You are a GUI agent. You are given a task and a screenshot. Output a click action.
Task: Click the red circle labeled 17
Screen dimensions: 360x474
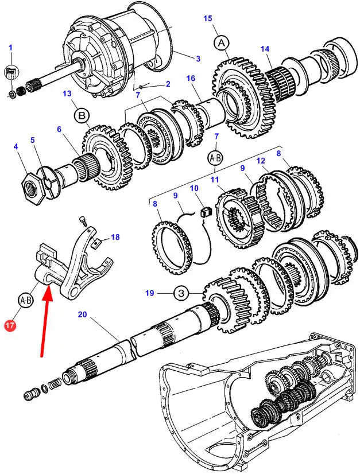[x=10, y=326]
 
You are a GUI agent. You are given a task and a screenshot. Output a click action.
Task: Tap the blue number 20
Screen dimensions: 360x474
[x=82, y=314]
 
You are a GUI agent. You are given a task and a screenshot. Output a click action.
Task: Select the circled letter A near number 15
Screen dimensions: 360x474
[x=222, y=43]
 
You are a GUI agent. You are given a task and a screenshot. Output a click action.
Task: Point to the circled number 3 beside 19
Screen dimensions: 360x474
[x=181, y=293]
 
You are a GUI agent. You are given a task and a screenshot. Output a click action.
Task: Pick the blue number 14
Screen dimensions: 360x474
[x=265, y=49]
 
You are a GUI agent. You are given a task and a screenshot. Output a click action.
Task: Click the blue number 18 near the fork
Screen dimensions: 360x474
[x=115, y=237]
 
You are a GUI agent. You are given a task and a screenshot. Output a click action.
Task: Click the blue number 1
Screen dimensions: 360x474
[x=10, y=48]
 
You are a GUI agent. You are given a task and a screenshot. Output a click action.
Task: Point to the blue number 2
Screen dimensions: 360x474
[x=168, y=84]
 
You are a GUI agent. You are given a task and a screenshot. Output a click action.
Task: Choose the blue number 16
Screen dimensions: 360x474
[x=191, y=79]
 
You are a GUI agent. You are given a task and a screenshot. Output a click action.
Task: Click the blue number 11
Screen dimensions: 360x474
[x=215, y=180]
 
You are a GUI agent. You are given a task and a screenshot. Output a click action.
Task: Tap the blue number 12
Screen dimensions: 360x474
[x=261, y=161]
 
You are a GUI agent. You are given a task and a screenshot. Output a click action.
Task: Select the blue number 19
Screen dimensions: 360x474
[x=150, y=293]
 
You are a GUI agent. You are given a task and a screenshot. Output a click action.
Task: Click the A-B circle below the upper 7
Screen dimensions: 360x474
[x=215, y=158]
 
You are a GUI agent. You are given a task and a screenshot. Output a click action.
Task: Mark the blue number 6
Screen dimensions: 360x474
[x=59, y=129]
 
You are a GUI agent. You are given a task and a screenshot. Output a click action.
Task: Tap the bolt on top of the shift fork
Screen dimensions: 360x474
[x=83, y=222]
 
